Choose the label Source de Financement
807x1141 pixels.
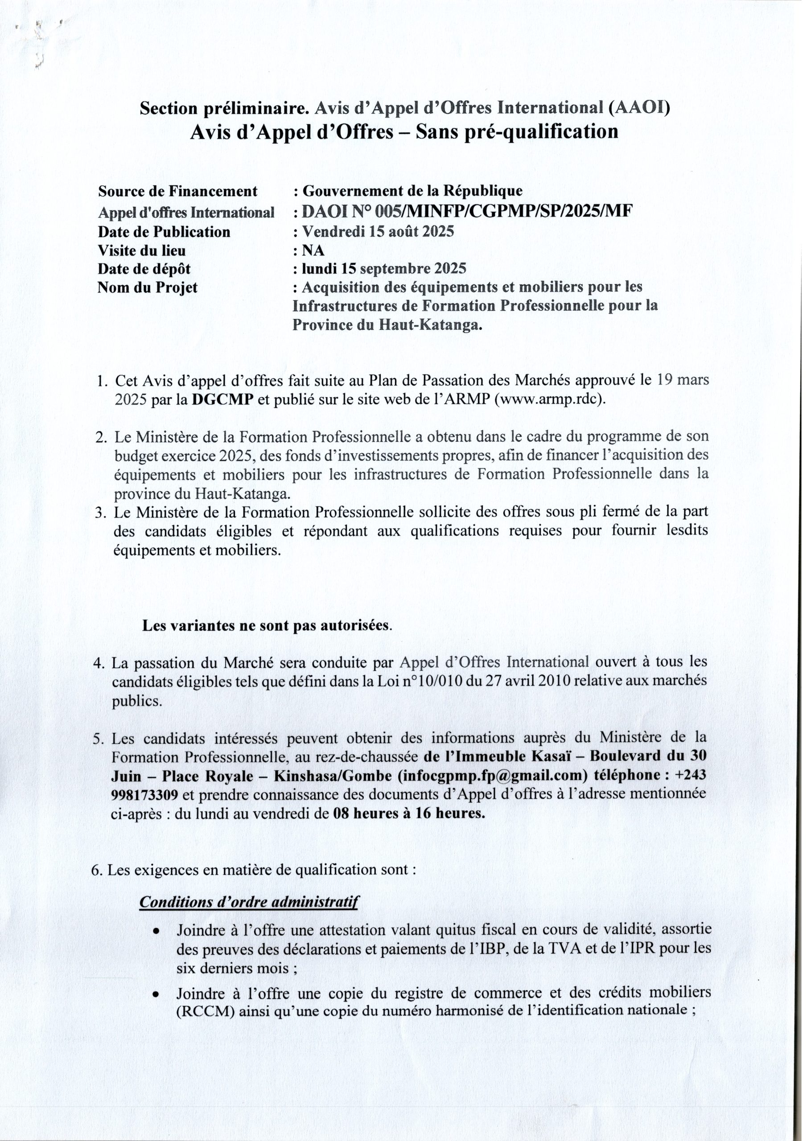click(178, 191)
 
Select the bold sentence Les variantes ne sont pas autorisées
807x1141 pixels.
click(267, 626)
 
